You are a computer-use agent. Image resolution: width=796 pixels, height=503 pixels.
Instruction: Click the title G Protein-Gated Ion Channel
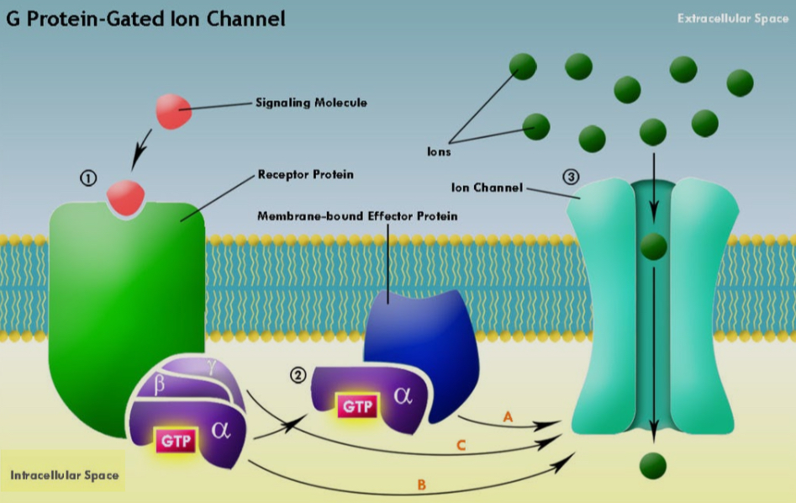[145, 18]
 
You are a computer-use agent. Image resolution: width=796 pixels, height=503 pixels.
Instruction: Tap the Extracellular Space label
[732, 19]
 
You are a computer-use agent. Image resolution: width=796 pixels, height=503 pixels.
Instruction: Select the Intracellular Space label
[64, 475]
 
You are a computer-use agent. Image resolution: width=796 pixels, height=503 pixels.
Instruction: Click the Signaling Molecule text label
[311, 103]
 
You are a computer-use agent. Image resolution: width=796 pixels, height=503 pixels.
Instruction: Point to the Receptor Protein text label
[305, 175]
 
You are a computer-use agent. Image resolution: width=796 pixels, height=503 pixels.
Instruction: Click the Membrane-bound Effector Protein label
[357, 216]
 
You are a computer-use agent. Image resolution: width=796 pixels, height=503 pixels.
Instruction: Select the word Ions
[439, 152]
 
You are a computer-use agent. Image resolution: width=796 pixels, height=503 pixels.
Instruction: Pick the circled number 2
[297, 376]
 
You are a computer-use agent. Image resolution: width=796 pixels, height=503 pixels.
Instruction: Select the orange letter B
[422, 484]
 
